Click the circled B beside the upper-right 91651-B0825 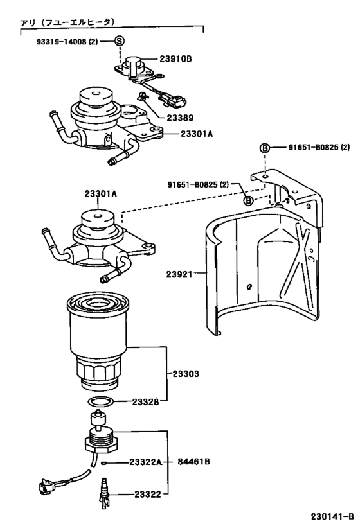264,148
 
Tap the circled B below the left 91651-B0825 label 247,201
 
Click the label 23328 146,402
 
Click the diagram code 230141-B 332,516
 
